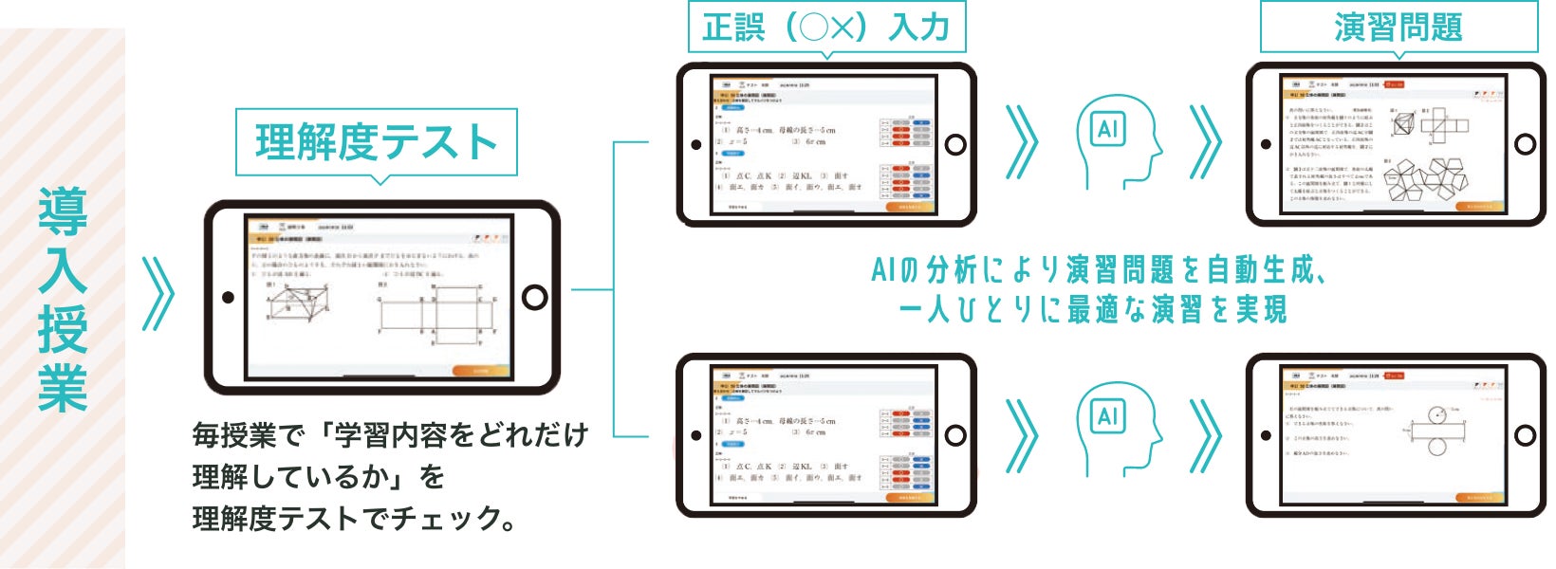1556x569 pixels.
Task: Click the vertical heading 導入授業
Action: pos(63,299)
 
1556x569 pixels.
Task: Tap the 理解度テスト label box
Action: pos(376,142)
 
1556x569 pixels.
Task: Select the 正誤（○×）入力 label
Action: pos(826,27)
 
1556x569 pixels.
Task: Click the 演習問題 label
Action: pos(1398,27)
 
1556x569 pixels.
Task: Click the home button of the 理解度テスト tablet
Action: pos(535,298)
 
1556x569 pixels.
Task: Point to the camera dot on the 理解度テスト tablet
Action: pos(228,298)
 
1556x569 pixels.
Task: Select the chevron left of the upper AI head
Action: pos(1022,143)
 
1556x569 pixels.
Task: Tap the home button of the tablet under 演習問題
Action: pos(1525,144)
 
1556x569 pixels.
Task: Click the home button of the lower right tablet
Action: pos(1525,435)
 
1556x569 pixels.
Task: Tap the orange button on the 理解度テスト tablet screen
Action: pos(482,371)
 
